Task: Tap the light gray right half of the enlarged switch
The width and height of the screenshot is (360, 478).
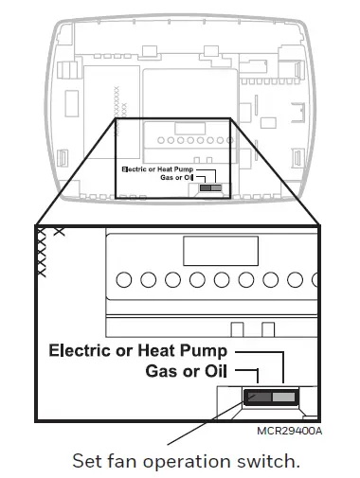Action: coord(283,397)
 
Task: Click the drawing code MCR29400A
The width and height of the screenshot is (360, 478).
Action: coord(290,431)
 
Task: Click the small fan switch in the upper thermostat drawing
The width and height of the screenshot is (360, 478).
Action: coord(211,188)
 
